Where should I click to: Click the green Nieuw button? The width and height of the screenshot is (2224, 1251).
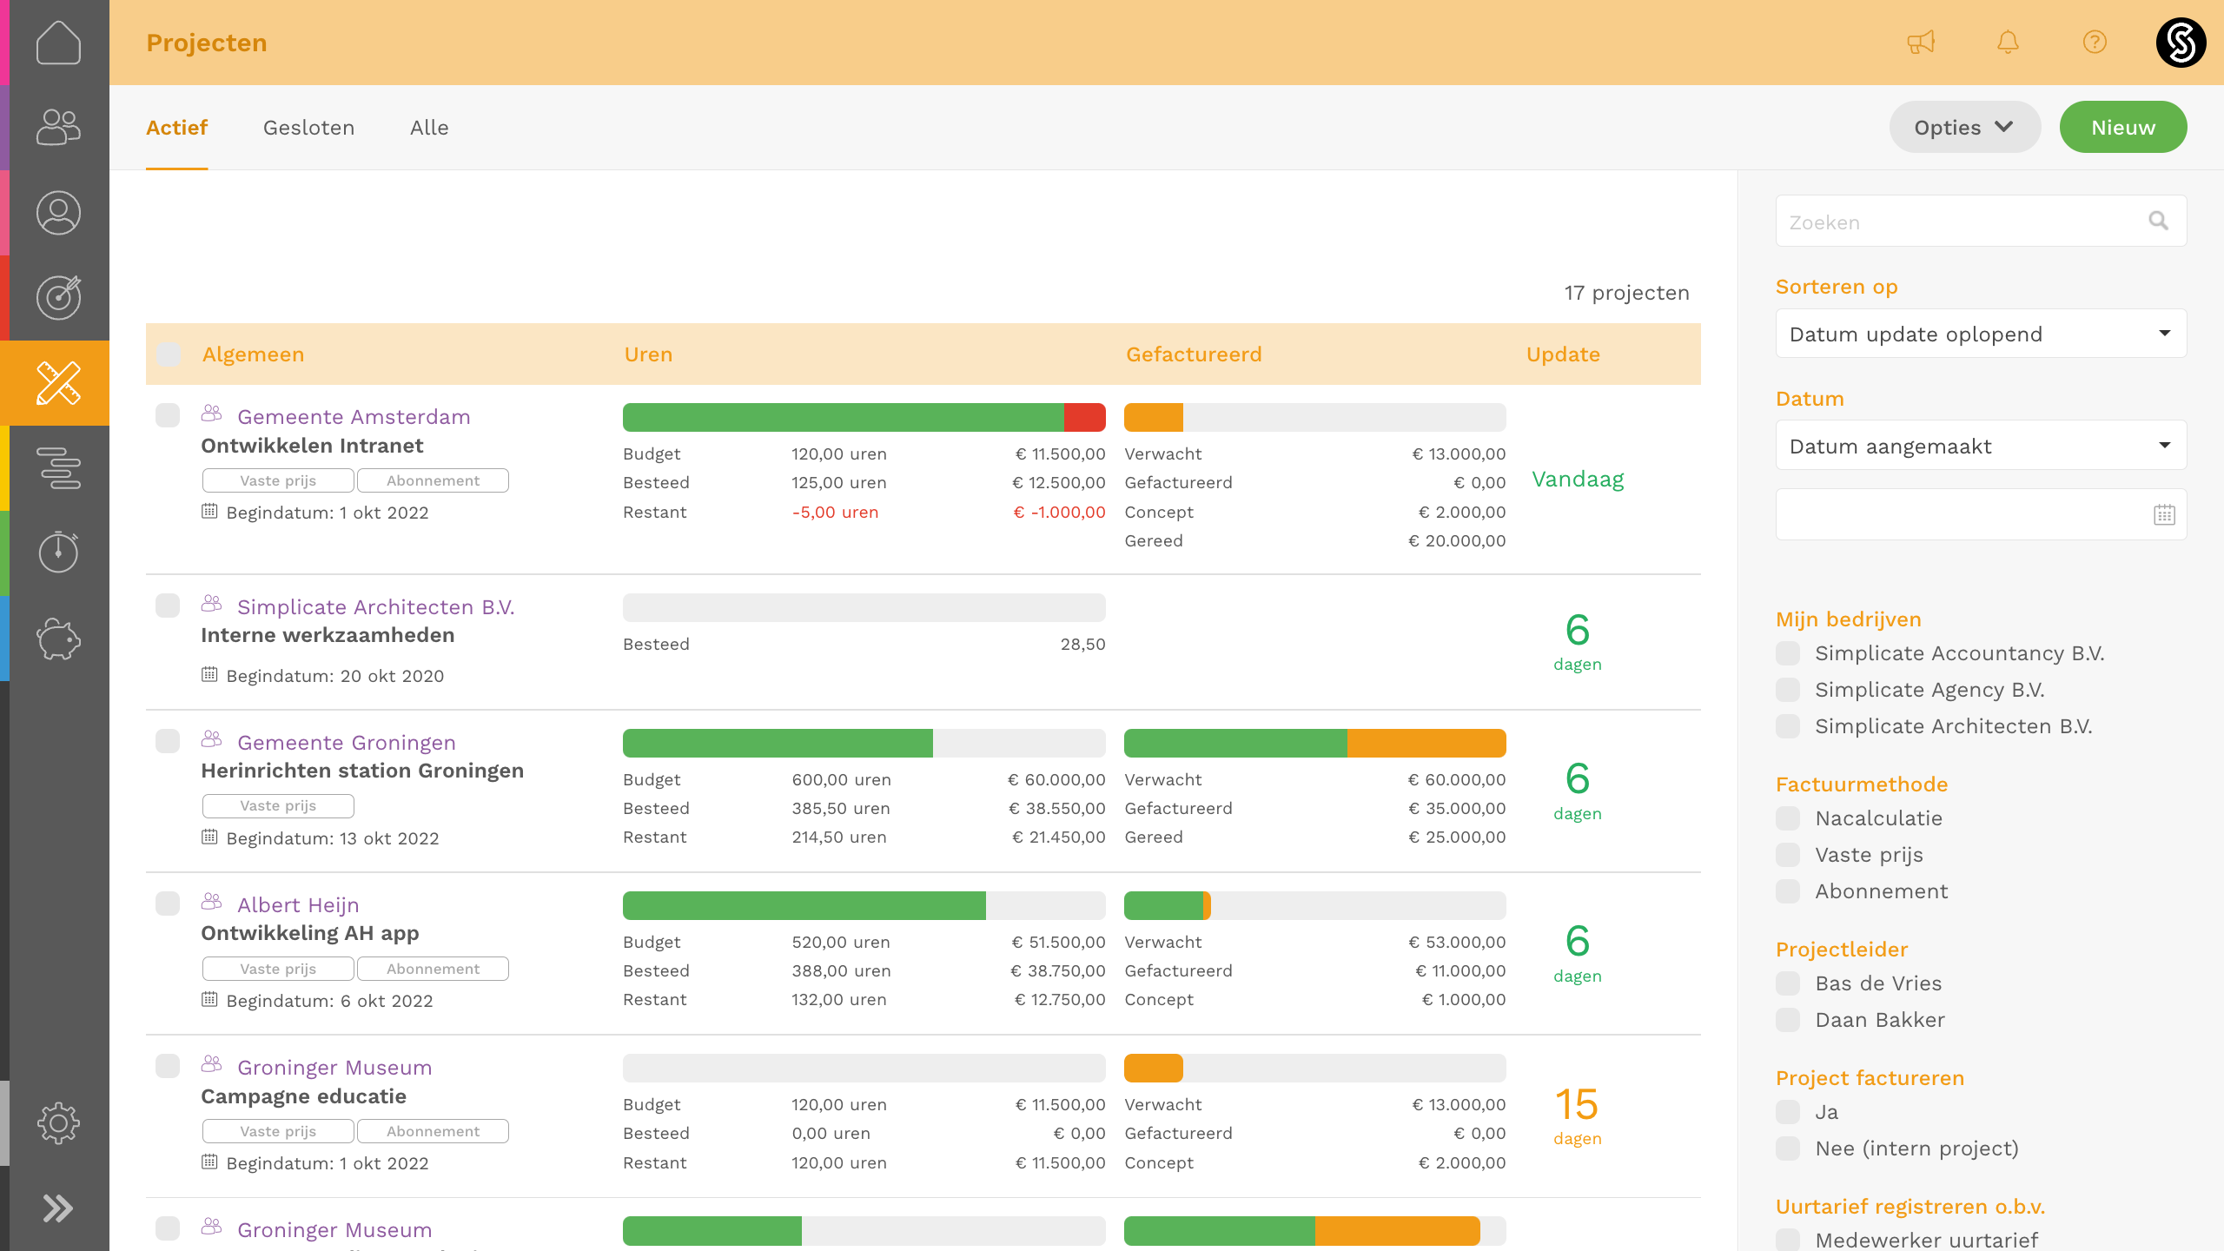(x=2122, y=128)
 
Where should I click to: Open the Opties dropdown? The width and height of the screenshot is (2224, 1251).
(x=1963, y=128)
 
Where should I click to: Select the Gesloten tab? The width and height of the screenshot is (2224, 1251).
(x=308, y=128)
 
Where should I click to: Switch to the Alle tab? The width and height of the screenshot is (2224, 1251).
(x=429, y=128)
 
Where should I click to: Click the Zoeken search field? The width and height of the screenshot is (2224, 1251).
(x=1963, y=222)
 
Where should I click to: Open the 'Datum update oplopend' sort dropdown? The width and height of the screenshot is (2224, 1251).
(x=1981, y=334)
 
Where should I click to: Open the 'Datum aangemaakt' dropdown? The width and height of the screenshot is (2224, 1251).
(x=1981, y=447)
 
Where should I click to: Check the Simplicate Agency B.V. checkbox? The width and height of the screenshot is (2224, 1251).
(x=1788, y=690)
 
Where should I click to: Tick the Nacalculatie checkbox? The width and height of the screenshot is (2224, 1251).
(x=1788, y=818)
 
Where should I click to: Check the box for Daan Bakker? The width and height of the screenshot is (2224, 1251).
(x=1788, y=1020)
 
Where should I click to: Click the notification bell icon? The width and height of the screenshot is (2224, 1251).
(x=2008, y=42)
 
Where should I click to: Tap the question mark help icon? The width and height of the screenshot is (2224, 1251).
(x=2095, y=42)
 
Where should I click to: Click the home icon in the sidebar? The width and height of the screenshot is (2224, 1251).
(x=58, y=42)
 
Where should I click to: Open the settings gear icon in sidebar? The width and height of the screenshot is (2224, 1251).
(x=58, y=1123)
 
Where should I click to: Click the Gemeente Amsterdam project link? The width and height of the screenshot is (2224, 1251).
(x=354, y=417)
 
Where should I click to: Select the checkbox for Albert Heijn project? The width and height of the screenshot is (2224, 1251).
(x=168, y=903)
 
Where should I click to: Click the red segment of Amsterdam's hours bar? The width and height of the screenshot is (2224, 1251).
(x=1084, y=418)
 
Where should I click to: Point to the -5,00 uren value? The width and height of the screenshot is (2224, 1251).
(x=835, y=513)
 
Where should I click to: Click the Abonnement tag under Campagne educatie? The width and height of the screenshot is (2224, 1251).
(x=433, y=1131)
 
